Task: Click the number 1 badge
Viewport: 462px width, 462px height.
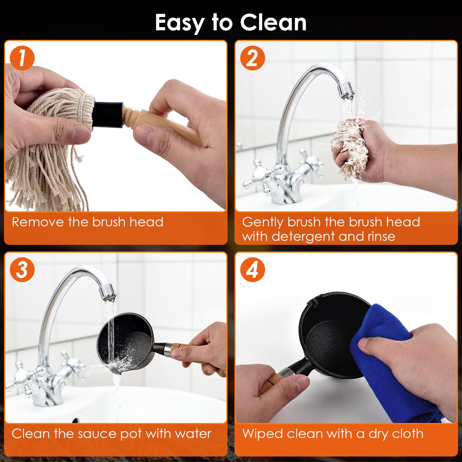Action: point(22,58)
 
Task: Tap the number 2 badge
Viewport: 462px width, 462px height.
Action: point(253,58)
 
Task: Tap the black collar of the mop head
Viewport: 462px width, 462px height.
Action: point(109,114)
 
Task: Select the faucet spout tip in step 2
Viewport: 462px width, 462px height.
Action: point(345,90)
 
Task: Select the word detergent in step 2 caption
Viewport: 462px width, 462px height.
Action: point(303,236)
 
